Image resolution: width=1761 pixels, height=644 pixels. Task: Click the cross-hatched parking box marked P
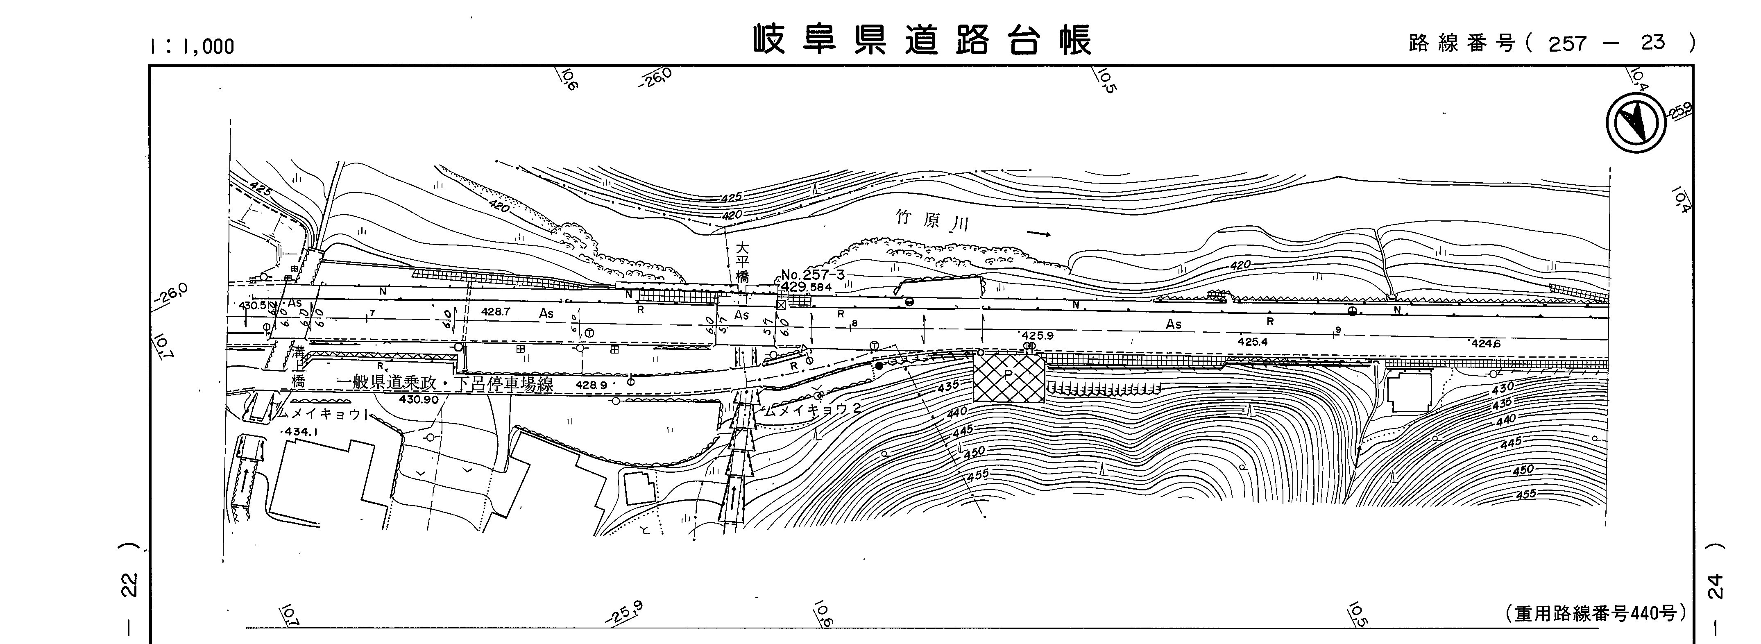[x=1009, y=377]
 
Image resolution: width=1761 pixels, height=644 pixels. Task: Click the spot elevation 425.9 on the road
[x=1037, y=336]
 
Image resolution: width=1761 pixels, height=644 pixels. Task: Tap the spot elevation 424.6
[x=1485, y=344]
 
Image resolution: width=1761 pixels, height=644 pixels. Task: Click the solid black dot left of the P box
[x=879, y=366]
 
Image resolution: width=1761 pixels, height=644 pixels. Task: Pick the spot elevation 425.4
[x=1252, y=341]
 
